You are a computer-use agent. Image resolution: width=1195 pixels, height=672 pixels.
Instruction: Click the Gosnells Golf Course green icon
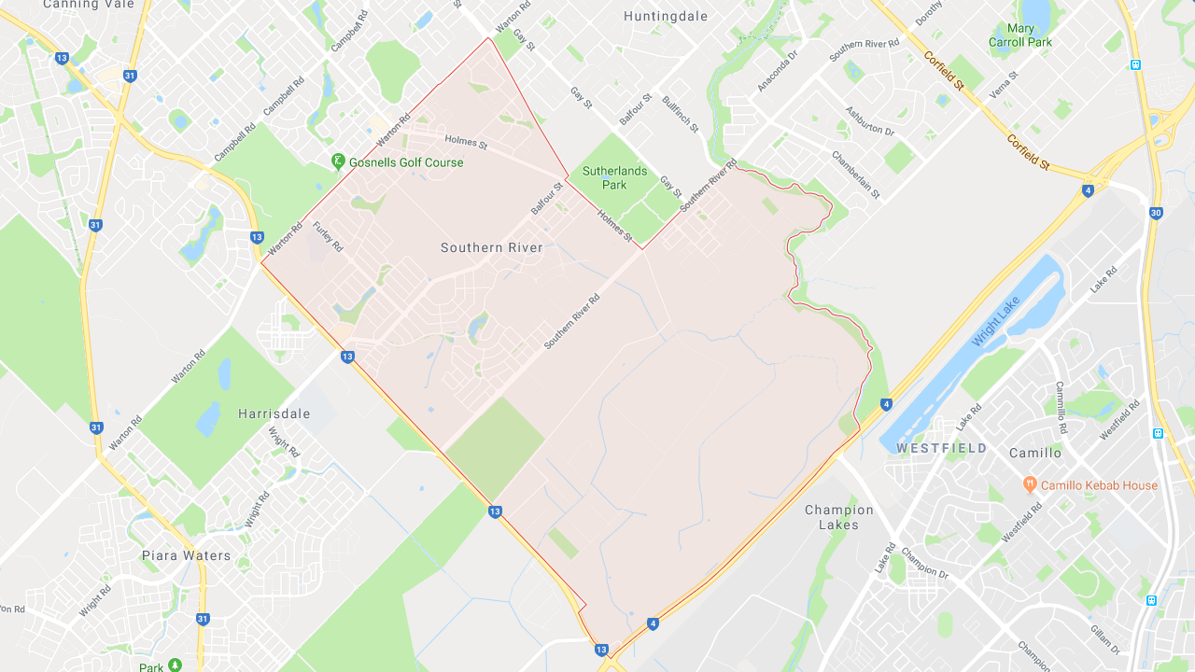338,161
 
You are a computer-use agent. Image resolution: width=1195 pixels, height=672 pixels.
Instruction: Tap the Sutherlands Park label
614,177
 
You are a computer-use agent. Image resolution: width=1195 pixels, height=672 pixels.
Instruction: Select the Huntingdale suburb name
666,16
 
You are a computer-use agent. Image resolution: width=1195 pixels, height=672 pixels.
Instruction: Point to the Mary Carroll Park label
1020,35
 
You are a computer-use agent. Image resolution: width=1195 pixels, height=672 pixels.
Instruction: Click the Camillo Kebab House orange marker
1030,483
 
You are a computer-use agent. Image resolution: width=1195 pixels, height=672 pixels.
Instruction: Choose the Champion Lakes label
839,517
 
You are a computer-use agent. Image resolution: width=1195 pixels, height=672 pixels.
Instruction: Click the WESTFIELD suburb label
941,448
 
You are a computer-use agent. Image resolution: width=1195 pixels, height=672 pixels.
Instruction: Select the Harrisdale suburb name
274,413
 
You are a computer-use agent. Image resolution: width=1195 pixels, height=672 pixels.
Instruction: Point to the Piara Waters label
186,555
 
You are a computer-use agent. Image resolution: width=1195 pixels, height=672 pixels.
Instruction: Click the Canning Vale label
84,5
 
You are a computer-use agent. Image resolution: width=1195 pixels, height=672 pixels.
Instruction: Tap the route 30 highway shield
1156,213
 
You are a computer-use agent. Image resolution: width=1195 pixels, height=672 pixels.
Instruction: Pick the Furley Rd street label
329,236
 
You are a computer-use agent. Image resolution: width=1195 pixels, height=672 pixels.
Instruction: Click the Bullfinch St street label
680,114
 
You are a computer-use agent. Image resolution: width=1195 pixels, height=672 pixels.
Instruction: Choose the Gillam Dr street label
1105,637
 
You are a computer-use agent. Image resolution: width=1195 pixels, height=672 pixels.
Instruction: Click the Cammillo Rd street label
1061,407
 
